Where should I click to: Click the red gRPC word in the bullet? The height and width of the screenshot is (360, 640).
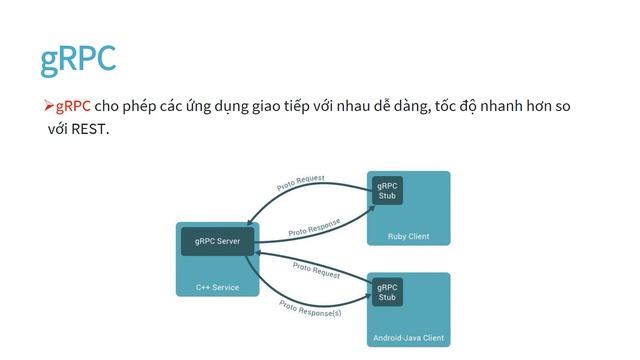coord(73,106)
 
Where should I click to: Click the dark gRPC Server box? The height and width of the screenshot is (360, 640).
coord(217,242)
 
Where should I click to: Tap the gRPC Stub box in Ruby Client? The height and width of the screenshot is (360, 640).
coord(387,190)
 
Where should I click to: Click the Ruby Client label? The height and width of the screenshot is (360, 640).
coord(408,237)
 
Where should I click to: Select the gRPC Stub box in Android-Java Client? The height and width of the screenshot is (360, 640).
coord(387,292)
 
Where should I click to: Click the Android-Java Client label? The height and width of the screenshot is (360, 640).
coord(408,338)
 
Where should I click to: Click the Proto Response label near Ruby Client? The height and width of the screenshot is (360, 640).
coord(314,228)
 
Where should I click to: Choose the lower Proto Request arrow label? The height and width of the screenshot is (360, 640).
coord(316,269)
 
